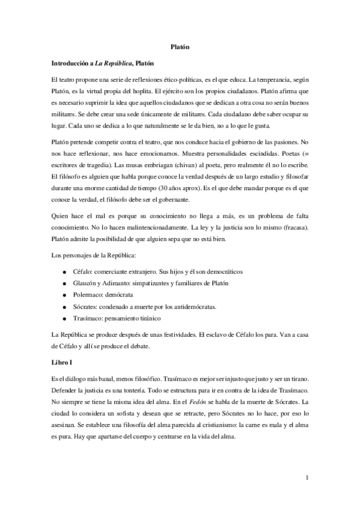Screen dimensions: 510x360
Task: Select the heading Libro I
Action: click(62, 363)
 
